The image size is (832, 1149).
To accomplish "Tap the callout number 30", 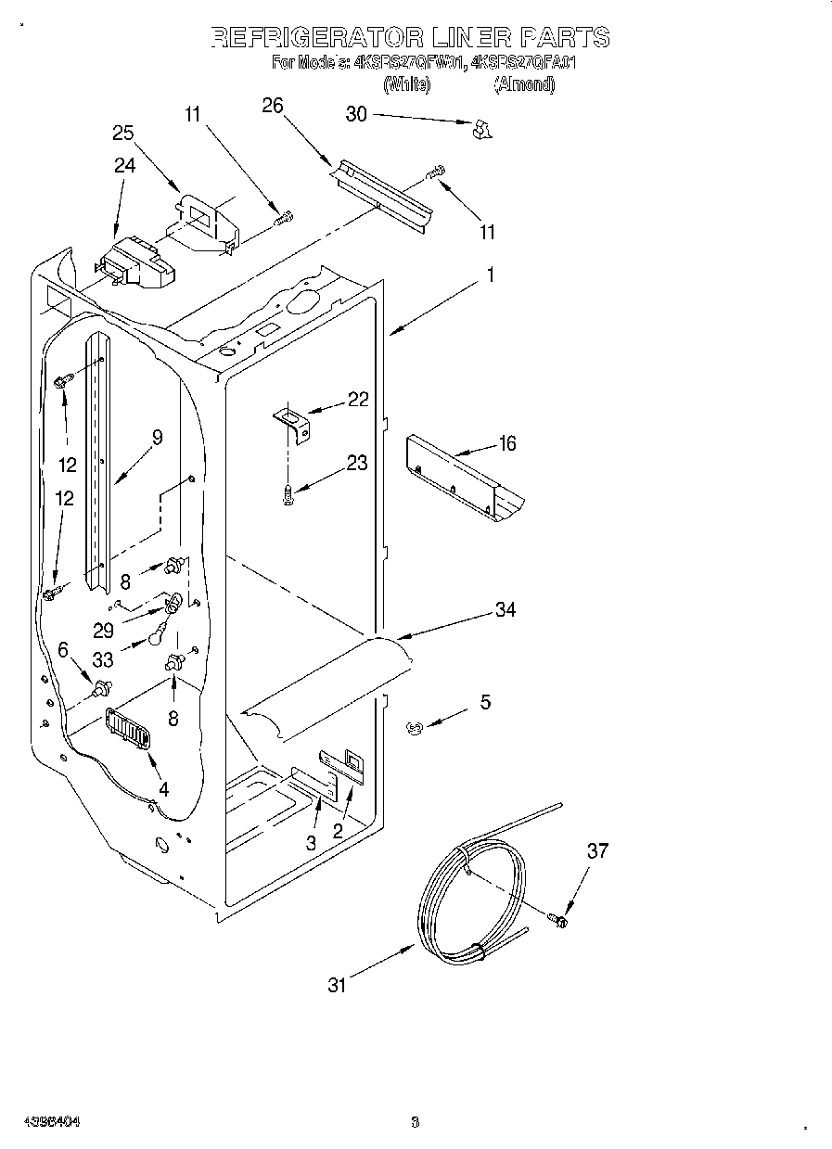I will (x=356, y=114).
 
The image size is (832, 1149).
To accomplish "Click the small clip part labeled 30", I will (x=481, y=131).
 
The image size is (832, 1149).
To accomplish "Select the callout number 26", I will (x=272, y=106).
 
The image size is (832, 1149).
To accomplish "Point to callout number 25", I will (x=123, y=133).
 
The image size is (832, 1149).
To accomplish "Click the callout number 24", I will (x=124, y=165).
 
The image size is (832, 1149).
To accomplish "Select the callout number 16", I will (x=506, y=443).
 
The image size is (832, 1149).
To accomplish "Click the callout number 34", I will (x=505, y=609).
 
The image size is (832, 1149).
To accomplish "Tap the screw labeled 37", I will (x=559, y=918).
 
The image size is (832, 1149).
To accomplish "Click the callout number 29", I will (x=103, y=630).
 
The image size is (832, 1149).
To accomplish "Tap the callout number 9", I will (x=157, y=438).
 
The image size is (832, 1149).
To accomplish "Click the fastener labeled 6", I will (x=102, y=687).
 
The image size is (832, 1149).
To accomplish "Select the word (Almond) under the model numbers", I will (x=524, y=84).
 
